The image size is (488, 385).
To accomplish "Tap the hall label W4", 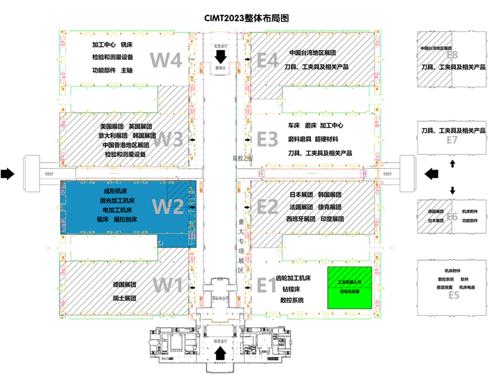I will point(167,60).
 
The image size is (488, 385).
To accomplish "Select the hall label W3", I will point(167,139).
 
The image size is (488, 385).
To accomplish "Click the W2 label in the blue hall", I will point(167,206).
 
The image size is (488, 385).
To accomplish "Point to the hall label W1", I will point(167,285).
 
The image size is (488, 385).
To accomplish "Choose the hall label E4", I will point(268,60).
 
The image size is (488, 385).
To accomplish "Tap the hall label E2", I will point(268,206).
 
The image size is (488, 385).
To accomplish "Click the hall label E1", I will point(268,285).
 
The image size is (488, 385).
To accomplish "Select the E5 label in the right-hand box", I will point(453,295).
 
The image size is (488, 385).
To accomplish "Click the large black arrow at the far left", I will point(8,174).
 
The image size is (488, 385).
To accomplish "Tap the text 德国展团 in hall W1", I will point(123,285).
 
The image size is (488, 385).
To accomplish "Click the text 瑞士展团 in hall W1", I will point(123,298).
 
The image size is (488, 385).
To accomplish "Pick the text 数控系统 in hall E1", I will point(291,300).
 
